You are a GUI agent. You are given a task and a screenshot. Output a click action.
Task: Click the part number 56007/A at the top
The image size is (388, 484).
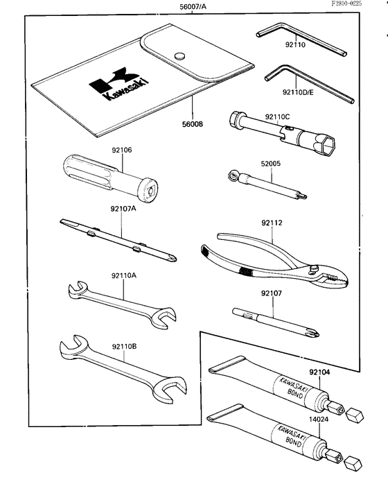193,7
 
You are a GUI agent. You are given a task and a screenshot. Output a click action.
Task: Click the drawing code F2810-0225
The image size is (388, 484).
360,4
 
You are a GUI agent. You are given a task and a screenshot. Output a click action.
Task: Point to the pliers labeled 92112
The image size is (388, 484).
270,261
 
